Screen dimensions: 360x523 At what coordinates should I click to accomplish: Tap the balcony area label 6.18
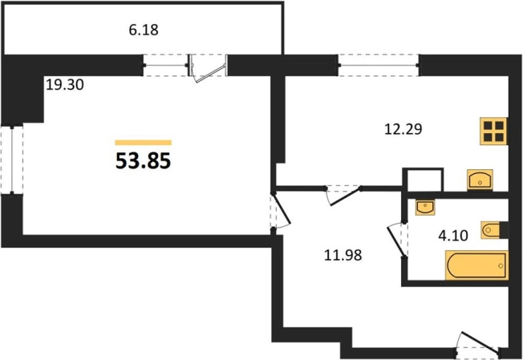tap(144, 30)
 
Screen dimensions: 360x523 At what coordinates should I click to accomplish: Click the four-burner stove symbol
tap(493, 131)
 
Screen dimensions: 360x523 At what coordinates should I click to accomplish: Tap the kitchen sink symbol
tap(480, 179)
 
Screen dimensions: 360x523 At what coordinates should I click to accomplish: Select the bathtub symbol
tap(476, 264)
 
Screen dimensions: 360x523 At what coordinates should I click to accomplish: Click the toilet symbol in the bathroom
tap(491, 230)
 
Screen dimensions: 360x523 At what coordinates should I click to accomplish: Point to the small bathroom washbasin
tap(424, 207)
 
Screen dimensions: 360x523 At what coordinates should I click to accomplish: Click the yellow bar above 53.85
tap(144, 143)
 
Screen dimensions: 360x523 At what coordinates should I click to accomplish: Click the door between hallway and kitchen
tap(343, 192)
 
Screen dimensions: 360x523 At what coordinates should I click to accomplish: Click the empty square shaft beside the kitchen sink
tap(423, 180)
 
